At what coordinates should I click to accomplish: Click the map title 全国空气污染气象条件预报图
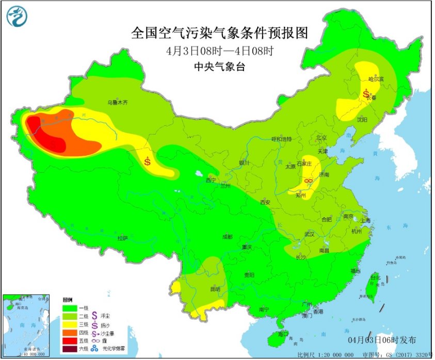tap(219, 33)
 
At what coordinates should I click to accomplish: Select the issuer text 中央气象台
tap(219, 66)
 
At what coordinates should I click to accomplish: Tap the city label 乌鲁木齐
tap(117, 103)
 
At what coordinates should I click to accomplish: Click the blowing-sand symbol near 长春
tap(366, 94)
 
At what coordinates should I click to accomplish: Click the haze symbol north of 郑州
tap(308, 181)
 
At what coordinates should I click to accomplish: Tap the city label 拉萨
tap(122, 238)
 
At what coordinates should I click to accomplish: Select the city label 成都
tap(227, 236)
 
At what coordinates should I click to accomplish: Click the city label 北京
tap(321, 138)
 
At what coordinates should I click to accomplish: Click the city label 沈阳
tap(363, 119)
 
